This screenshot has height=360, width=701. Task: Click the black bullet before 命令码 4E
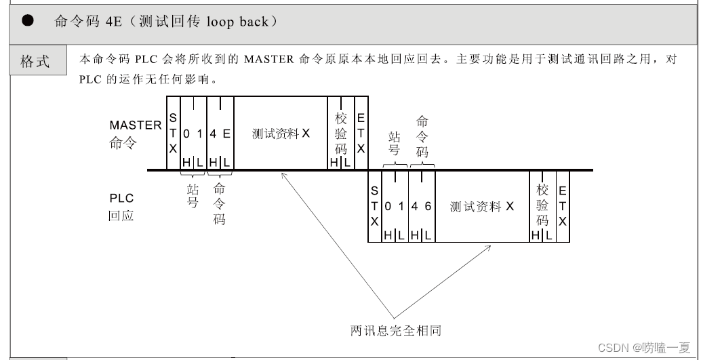pyautogui.click(x=28, y=21)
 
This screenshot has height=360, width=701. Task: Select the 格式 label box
pyautogui.click(x=35, y=62)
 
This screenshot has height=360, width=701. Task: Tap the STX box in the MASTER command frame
pyautogui.click(x=173, y=133)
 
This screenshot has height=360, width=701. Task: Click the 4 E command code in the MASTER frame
pyautogui.click(x=220, y=134)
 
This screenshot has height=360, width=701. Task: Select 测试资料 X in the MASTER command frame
pyautogui.click(x=281, y=134)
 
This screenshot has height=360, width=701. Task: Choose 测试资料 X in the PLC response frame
pyautogui.click(x=482, y=207)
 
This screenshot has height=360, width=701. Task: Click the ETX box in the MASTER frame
pyautogui.click(x=361, y=133)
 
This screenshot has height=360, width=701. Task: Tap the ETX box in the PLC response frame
pyautogui.click(x=563, y=205)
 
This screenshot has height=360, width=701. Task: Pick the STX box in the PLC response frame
pyautogui.click(x=374, y=207)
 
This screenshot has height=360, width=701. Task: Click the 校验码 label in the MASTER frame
pyautogui.click(x=341, y=134)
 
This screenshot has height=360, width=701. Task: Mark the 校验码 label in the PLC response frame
pyautogui.click(x=542, y=205)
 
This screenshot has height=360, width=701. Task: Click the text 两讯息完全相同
pyautogui.click(x=396, y=331)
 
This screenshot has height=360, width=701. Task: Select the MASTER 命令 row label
pyautogui.click(x=135, y=134)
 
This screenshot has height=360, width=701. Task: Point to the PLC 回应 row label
pyautogui.click(x=122, y=207)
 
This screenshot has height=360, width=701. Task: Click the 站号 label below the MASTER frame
pyautogui.click(x=193, y=196)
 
